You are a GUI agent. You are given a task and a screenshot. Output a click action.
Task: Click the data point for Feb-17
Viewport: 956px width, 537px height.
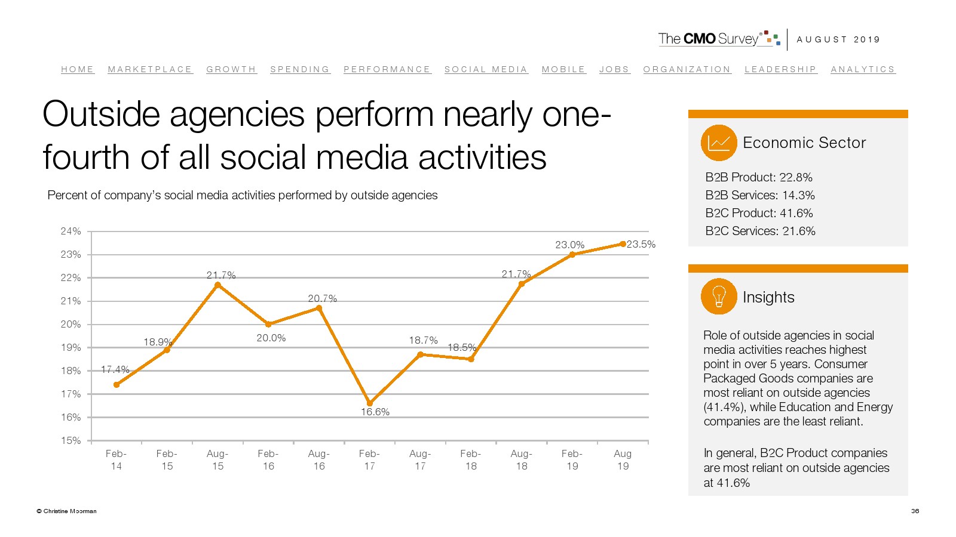pos(370,403)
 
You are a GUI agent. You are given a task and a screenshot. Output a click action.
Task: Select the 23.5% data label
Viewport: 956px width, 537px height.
pos(641,244)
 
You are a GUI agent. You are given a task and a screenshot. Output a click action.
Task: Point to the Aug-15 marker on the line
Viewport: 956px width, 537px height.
pos(217,285)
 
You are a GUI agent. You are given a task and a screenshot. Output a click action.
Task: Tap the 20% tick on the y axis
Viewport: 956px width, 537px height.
pos(71,324)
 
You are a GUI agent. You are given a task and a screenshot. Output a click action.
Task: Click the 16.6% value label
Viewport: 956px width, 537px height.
pos(375,412)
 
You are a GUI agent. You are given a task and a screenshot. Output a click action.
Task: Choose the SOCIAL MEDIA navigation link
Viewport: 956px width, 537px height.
pos(486,69)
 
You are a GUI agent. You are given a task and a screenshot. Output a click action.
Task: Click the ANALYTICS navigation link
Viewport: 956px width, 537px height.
pos(863,69)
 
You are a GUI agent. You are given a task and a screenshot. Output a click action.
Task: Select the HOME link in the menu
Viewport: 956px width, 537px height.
pos(78,69)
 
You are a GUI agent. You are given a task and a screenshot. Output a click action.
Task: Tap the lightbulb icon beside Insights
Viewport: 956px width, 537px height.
pos(719,297)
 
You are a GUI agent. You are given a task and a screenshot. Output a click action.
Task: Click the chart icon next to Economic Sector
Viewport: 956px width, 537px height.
pos(719,143)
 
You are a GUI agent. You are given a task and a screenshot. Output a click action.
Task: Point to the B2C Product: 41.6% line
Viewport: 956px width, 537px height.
pos(759,213)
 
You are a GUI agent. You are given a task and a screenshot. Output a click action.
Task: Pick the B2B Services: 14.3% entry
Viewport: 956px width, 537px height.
pos(759,195)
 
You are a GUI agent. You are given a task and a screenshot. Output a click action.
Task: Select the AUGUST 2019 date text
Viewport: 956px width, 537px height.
pos(838,39)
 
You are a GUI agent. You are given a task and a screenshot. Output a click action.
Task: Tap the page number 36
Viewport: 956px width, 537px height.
pos(915,511)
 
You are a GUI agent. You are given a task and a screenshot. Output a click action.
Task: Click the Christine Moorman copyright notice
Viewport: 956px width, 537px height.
pos(67,511)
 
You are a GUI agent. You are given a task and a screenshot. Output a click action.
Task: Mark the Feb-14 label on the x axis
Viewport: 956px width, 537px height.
pos(116,459)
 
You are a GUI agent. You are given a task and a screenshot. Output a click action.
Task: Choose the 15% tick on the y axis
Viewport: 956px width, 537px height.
pos(71,440)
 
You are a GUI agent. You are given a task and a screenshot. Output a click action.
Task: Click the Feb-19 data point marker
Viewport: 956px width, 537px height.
pos(572,255)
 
